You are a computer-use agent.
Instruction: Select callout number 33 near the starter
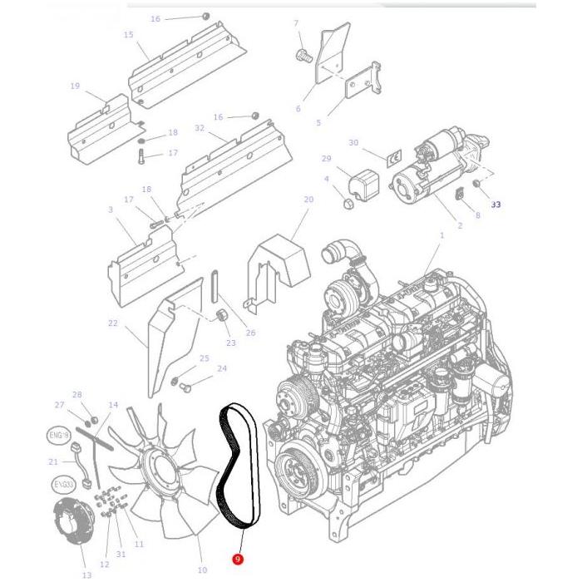(x=496, y=203)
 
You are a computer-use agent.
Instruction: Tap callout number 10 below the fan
(x=202, y=570)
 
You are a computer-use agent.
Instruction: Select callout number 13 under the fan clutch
(x=86, y=575)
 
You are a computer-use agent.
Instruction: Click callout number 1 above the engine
(x=441, y=235)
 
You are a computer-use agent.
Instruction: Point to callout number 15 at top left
(x=128, y=35)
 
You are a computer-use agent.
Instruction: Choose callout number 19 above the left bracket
(x=75, y=86)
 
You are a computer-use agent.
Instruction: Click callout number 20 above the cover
(x=308, y=200)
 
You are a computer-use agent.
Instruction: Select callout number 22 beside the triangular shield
(x=113, y=323)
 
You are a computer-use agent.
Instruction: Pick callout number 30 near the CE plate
(x=353, y=142)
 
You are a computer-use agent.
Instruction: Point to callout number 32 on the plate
(x=199, y=128)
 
